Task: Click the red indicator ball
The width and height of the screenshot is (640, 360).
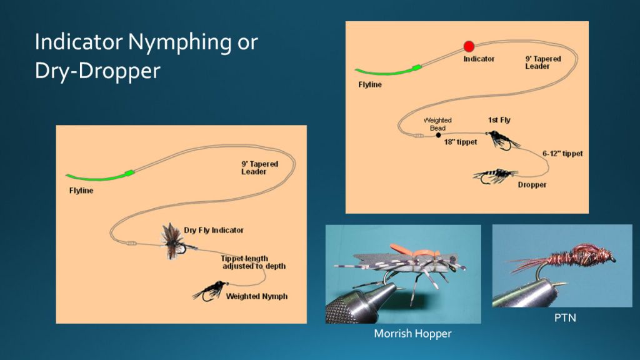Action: [x=469, y=46]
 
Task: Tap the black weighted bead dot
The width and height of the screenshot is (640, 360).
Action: [x=438, y=135]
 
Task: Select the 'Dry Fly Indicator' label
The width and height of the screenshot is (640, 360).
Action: [x=214, y=230]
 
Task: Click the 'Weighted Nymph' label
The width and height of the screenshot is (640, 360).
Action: [x=257, y=296]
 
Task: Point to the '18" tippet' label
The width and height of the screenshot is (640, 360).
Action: [x=461, y=142]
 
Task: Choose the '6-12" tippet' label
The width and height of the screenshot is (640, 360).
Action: [x=562, y=154]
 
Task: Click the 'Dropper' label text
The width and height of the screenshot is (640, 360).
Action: [x=532, y=185]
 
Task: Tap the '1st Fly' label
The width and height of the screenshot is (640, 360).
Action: [x=499, y=120]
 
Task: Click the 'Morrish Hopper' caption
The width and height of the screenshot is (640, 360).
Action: [x=412, y=334]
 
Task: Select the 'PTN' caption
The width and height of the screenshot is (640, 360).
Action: [x=565, y=317]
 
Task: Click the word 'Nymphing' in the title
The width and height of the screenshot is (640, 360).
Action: [x=179, y=43]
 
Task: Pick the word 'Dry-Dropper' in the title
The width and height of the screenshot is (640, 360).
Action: [x=97, y=71]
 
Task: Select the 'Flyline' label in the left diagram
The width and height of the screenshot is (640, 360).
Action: [x=81, y=191]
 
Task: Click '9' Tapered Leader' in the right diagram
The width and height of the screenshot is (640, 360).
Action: [x=543, y=62]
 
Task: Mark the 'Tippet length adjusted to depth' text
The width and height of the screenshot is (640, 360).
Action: [x=253, y=262]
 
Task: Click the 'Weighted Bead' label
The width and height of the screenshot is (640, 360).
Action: [x=437, y=124]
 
